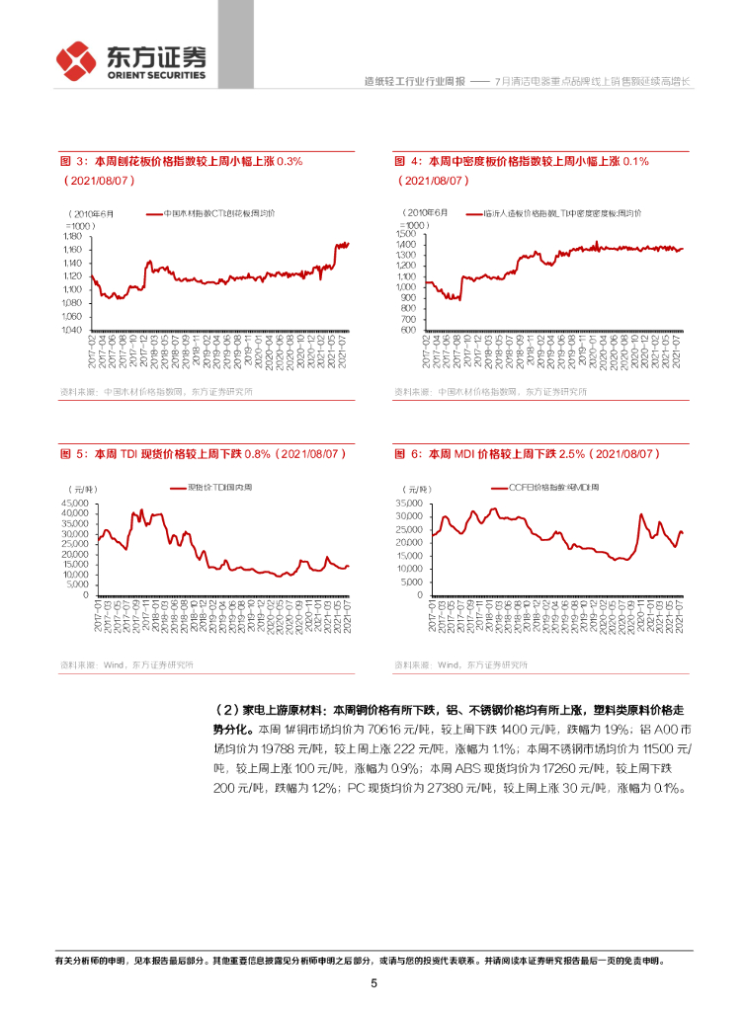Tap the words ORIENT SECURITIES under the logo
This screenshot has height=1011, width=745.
(156, 75)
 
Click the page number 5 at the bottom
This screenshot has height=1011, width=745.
(373, 983)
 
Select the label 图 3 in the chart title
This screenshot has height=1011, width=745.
(73, 160)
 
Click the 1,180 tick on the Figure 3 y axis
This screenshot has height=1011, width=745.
(73, 237)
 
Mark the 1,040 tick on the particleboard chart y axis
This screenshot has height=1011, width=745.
(73, 329)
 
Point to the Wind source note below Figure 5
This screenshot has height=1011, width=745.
(126, 664)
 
